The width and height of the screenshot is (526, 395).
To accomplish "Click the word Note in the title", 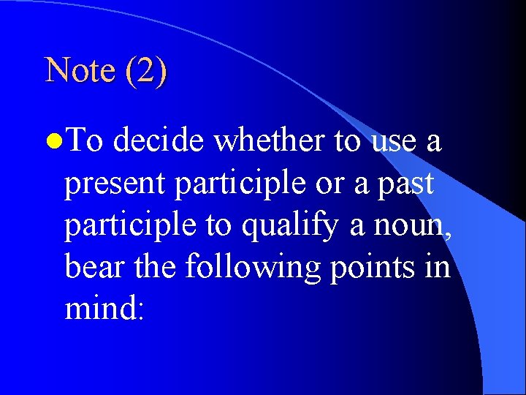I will tap(80, 70).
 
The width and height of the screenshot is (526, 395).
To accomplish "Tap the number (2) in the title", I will tap(145, 70).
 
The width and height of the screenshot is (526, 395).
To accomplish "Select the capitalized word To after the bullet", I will tap(87, 140).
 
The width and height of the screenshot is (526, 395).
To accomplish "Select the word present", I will tap(115, 184).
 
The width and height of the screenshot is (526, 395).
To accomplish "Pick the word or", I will tap(330, 184).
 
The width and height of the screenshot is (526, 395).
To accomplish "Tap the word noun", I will tap(410, 226).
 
